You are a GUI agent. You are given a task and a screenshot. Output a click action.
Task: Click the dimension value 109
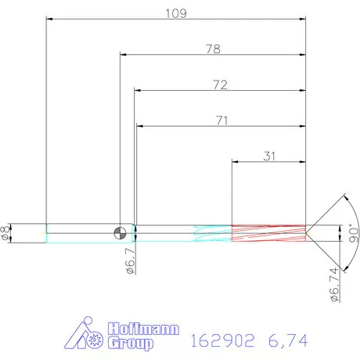pos(175,13)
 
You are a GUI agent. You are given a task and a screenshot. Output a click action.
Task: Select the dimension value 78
pos(211,49)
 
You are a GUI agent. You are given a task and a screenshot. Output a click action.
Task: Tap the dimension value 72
pos(219,85)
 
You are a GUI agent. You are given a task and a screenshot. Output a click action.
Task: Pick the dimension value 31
pos(268,156)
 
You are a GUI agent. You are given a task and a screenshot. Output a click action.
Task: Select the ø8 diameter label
pos(7,232)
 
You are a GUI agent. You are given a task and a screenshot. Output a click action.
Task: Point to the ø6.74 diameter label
pos(334,283)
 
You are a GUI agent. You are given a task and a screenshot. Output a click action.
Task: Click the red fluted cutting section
pos(268,232)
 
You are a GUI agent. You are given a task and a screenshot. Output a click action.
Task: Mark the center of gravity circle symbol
pos(120,232)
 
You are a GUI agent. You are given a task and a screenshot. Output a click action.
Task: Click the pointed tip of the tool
pos(307,232)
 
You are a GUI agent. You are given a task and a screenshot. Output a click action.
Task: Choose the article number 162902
pos(222,340)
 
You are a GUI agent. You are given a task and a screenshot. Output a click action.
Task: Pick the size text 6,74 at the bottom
pos(287,340)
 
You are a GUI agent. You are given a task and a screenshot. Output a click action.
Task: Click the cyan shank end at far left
pos(49,232)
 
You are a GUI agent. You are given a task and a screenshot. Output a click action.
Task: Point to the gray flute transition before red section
pos(211,232)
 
